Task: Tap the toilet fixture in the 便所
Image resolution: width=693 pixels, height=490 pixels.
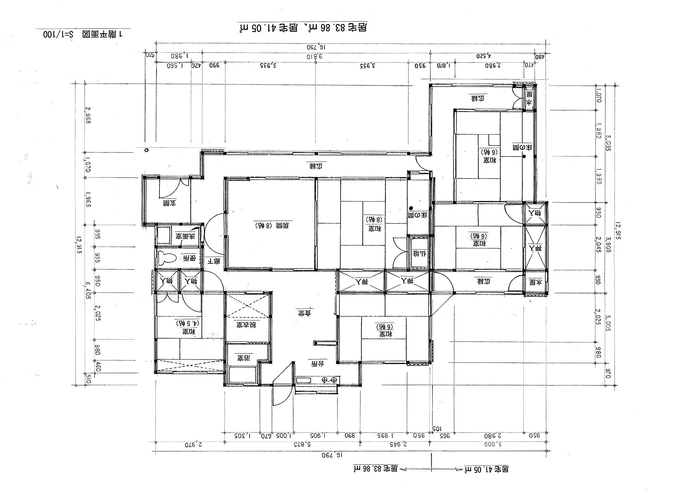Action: [x=167, y=258]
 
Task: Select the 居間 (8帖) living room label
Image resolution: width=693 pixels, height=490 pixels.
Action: [x=271, y=225]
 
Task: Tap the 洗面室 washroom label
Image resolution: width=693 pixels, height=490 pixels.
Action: [x=185, y=236]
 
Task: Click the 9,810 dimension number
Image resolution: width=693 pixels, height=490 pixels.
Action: [x=314, y=56]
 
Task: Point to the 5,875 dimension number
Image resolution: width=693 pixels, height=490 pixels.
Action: [x=303, y=444]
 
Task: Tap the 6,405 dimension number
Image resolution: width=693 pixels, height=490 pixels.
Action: [x=88, y=291]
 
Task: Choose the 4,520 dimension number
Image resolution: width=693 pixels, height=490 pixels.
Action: [x=484, y=56]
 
